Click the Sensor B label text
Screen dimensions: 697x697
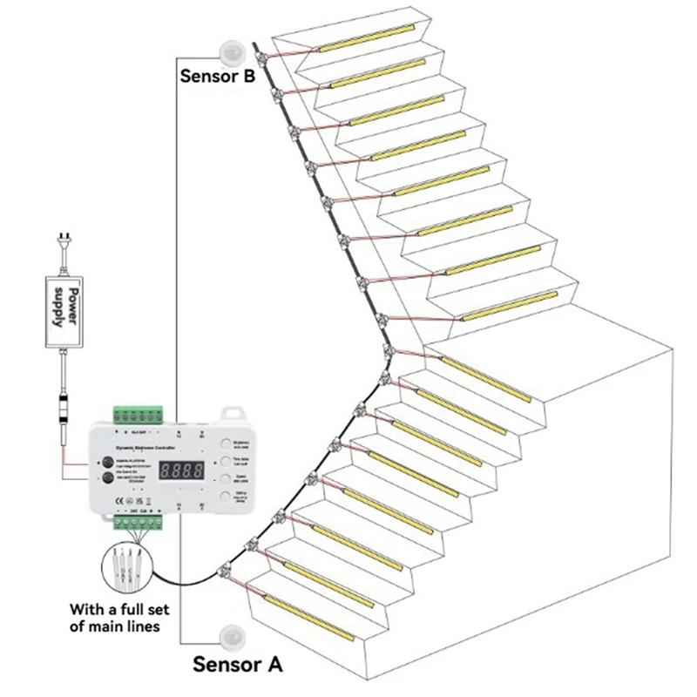click(217, 75)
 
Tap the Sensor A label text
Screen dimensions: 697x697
click(238, 664)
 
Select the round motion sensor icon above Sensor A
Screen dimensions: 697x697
click(232, 633)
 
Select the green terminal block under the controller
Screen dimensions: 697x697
click(139, 523)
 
